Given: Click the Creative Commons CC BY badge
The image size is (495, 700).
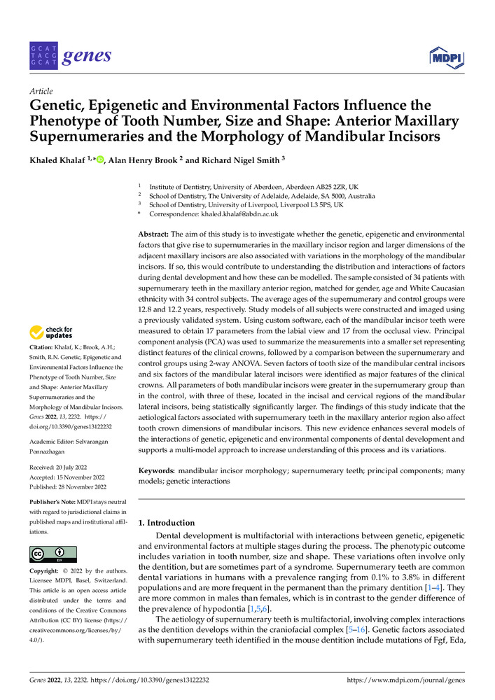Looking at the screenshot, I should (53, 554).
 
